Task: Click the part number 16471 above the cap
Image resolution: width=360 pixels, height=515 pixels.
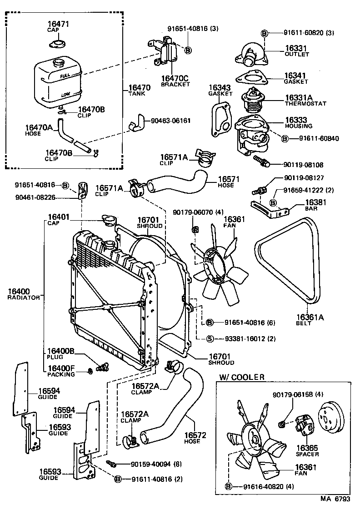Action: click(x=57, y=24)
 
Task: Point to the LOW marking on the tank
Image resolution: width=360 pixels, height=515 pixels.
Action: click(x=66, y=95)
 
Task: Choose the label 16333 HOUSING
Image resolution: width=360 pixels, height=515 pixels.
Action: click(x=299, y=122)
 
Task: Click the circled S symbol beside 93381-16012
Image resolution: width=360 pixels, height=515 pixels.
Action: click(x=210, y=338)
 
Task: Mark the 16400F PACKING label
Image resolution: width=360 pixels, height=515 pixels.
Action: click(x=61, y=371)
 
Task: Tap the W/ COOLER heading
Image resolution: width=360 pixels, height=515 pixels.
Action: click(x=242, y=377)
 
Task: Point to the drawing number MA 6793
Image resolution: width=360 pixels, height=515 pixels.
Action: click(x=335, y=499)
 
